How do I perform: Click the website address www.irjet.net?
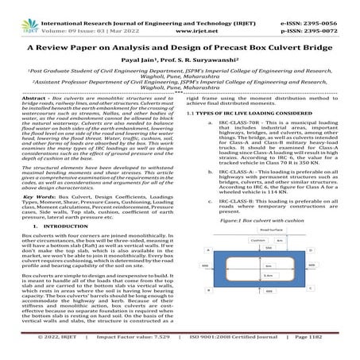(x=180, y=17)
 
